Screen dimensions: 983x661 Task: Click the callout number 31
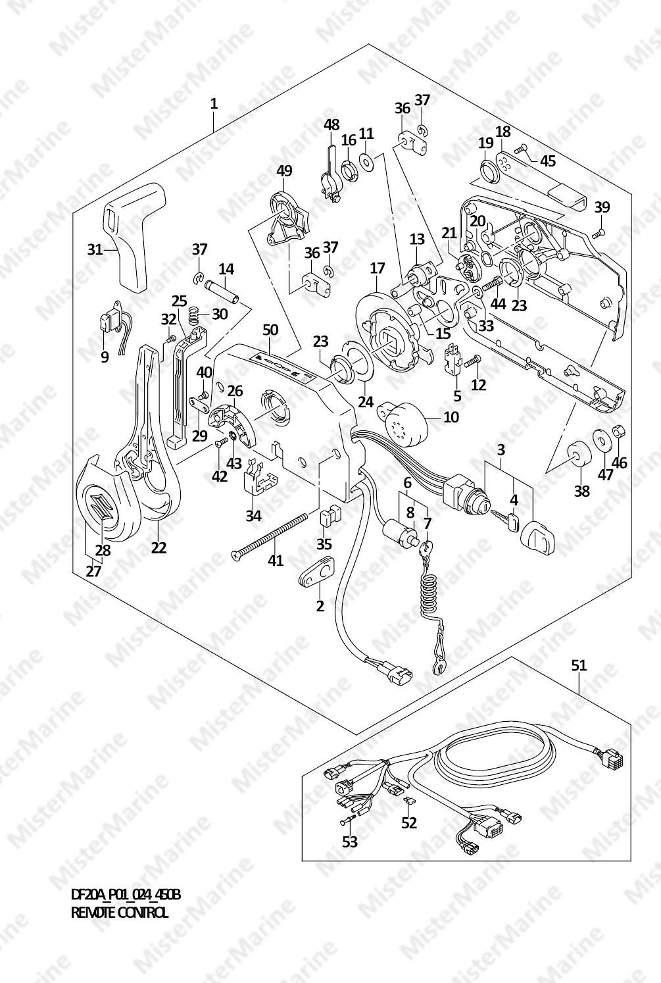point(95,249)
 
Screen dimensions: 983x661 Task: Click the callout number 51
point(578,665)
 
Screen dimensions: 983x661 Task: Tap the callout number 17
point(377,268)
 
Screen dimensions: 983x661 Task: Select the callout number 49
point(284,171)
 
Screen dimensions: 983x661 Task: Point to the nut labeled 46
point(619,432)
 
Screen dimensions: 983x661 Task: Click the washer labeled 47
point(600,440)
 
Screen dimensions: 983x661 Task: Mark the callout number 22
point(159,547)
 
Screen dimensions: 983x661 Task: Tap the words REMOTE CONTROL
point(119,913)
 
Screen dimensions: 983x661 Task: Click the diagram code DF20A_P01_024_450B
point(125,895)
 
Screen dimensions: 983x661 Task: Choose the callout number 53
point(350,842)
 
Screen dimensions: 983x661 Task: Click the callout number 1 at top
point(214,103)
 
